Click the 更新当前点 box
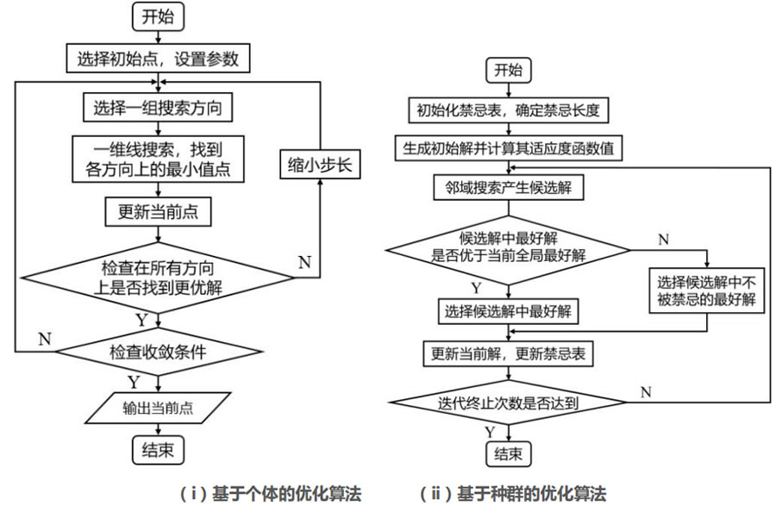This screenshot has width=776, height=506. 158,210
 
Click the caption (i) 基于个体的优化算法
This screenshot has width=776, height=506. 269,493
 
